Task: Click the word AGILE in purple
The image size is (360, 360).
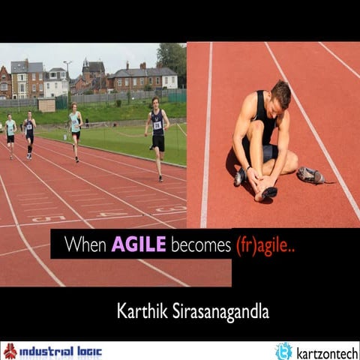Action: [x=139, y=244]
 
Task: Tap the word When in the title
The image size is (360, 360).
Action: [x=85, y=244]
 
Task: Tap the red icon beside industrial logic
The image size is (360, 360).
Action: [x=10, y=351]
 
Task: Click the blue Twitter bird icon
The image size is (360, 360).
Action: [x=283, y=351]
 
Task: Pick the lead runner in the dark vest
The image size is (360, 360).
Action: [x=157, y=135]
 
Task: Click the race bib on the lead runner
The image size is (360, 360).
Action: [x=157, y=125]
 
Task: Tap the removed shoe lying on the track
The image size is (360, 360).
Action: [x=310, y=175]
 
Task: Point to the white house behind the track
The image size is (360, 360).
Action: [x=55, y=85]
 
